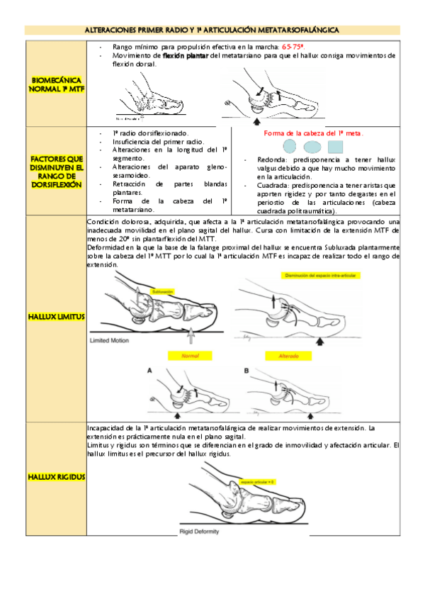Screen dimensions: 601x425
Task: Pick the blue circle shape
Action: pos(289,147)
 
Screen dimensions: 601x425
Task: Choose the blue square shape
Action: pos(336,147)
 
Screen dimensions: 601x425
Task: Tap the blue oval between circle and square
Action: pos(312,147)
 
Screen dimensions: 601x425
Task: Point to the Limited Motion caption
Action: pos(113,341)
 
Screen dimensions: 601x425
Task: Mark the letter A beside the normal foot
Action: pos(149,370)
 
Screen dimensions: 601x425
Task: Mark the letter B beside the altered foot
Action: pos(246,370)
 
